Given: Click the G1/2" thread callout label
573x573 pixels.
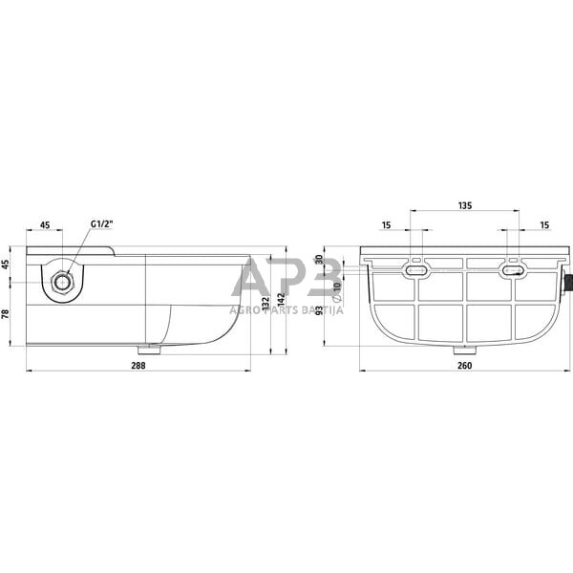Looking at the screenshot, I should (101, 224).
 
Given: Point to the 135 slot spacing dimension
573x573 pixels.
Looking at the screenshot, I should (465, 205).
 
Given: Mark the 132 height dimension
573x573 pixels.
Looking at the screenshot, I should (264, 303).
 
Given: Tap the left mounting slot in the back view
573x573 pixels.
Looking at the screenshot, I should (415, 271).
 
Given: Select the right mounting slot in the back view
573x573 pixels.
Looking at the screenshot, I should (514, 271).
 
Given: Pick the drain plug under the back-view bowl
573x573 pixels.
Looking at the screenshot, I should (461, 349).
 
